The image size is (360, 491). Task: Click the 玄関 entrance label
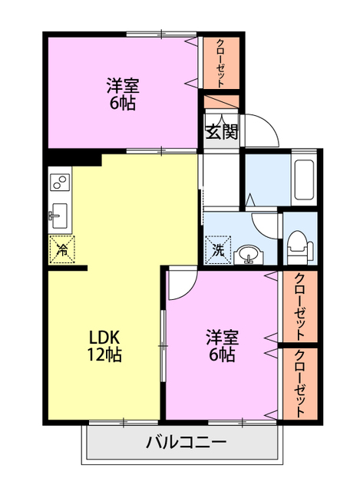pos(221,130)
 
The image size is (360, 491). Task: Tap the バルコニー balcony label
pos(185,443)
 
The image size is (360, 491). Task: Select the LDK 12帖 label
pos(105,346)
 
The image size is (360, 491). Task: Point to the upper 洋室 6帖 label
pos(121,94)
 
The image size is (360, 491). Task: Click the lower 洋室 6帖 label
pos(221,346)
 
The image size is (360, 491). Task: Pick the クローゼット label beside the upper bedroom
pos(221,62)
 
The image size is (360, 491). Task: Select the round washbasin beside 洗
pos(248,254)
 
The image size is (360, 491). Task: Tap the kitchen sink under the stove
pos(58,216)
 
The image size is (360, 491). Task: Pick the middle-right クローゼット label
pos(300,307)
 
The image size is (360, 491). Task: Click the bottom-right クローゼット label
pos(300,384)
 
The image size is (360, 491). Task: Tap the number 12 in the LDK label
pos(95,355)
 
